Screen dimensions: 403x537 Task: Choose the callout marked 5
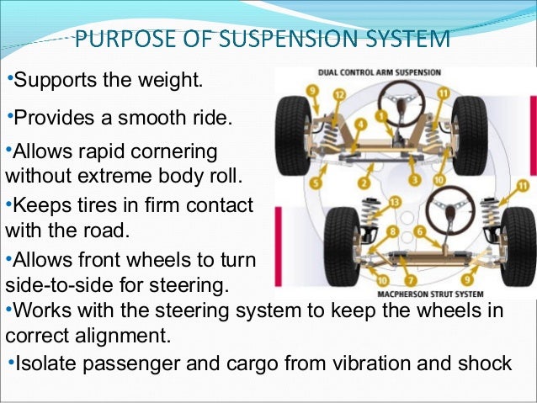click(316, 182)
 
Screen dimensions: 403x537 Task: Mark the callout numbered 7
click(410, 279)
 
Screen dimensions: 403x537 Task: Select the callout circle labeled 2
click(364, 183)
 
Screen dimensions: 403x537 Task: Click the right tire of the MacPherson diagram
click(516, 239)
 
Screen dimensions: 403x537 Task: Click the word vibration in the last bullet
click(375, 363)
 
